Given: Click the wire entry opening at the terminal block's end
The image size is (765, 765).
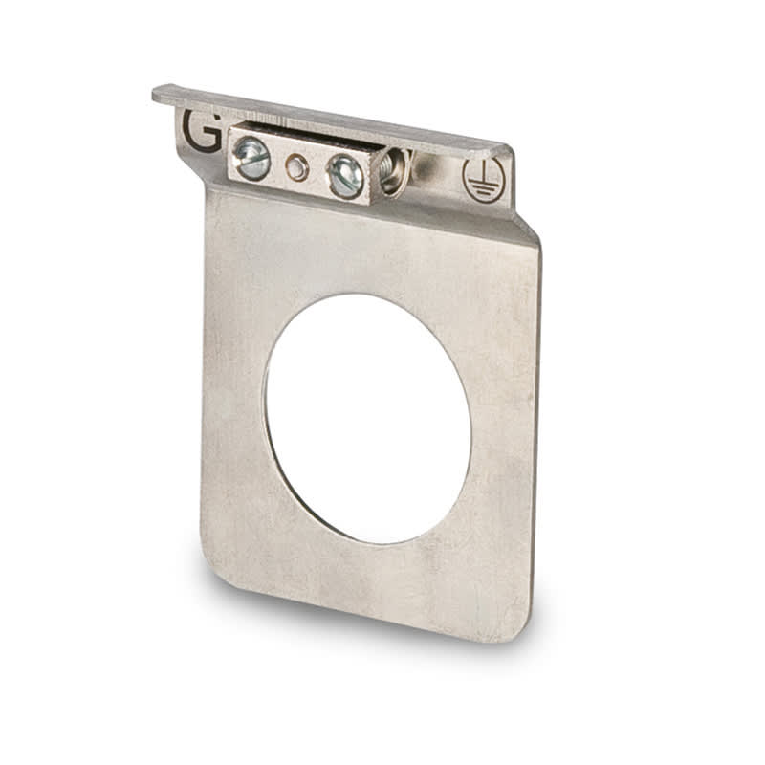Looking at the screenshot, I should point(394,172).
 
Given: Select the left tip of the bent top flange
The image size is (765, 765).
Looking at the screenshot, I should point(159,93).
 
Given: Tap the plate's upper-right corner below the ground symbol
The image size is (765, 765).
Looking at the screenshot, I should point(532,239).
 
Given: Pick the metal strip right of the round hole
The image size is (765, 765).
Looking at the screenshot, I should point(502,430).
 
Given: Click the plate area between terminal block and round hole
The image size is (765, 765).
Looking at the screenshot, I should point(363,249).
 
